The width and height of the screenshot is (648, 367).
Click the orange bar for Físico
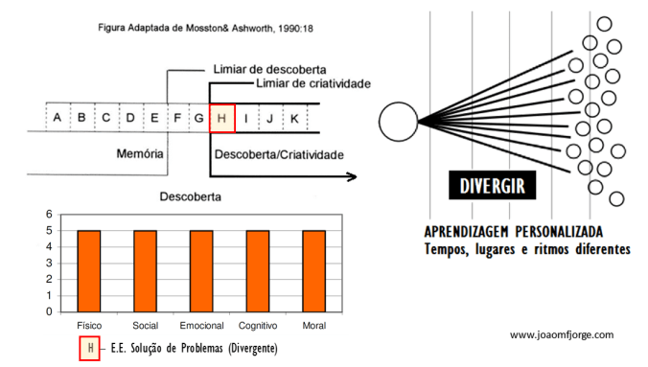click(89, 271)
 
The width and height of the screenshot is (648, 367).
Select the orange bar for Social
click(145, 271)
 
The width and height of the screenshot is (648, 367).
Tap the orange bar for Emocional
click(201, 271)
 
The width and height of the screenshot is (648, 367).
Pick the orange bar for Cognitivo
click(258, 271)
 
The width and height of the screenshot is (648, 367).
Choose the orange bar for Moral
click(313, 271)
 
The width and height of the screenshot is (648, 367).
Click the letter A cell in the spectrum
click(58, 118)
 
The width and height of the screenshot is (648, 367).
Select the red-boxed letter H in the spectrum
click(221, 118)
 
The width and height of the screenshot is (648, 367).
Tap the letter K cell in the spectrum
click(294, 118)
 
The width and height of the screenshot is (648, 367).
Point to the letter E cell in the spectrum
click(154, 118)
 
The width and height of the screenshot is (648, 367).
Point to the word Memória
click(141, 153)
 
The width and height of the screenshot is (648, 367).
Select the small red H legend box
click(88, 348)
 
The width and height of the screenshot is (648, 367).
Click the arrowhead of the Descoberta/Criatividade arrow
click(353, 176)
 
